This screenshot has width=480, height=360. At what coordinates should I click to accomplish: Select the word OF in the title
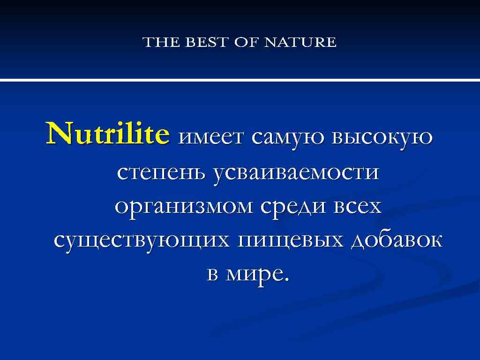click(247, 42)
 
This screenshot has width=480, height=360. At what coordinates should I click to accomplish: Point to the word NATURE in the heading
click(300, 42)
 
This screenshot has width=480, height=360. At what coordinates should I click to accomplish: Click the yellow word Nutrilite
click(107, 134)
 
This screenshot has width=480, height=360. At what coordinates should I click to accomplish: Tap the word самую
click(289, 137)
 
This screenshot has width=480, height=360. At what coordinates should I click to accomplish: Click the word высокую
click(382, 137)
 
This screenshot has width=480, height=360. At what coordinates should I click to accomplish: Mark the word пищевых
click(292, 240)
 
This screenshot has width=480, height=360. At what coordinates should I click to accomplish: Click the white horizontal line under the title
click(240, 80)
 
